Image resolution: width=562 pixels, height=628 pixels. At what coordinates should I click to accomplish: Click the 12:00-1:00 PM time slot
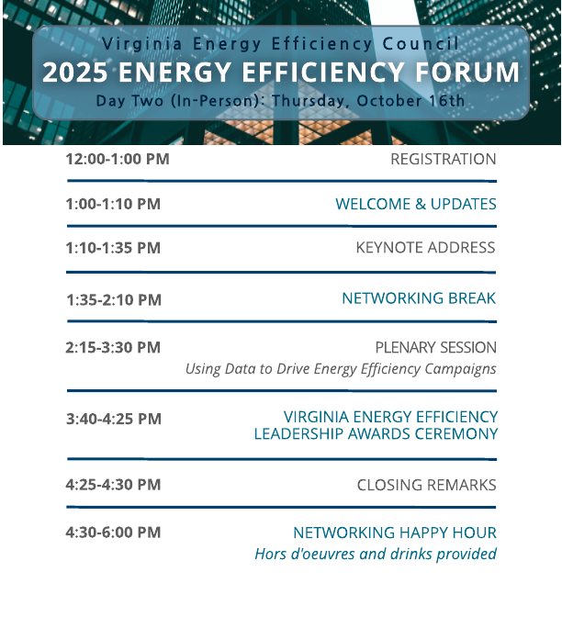click(x=118, y=159)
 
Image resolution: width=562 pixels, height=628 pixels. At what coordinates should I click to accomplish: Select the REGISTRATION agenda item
click(x=443, y=159)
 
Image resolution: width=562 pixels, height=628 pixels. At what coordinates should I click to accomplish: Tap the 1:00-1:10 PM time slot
click(x=113, y=204)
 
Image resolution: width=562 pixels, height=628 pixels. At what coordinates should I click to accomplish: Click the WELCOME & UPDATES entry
click(x=416, y=204)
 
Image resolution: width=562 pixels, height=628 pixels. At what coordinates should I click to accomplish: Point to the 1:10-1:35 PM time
click(x=113, y=248)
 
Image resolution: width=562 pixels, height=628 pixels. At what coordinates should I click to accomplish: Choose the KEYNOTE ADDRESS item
click(x=425, y=248)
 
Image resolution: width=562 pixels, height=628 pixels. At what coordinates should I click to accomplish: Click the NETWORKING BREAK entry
click(x=419, y=298)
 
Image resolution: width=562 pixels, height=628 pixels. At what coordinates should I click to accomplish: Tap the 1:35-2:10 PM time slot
click(x=114, y=299)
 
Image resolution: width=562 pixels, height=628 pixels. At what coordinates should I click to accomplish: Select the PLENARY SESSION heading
click(x=436, y=347)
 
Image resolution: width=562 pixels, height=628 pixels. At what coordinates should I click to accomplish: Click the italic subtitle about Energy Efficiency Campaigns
click(x=341, y=369)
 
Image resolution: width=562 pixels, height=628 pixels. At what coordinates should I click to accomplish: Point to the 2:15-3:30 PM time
click(x=113, y=347)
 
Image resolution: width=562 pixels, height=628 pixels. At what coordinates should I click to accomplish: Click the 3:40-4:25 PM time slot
click(x=114, y=419)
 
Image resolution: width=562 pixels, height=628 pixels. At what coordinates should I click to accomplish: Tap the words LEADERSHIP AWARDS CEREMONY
click(x=376, y=433)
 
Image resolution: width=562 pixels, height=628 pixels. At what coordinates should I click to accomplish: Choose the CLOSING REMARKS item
click(x=427, y=485)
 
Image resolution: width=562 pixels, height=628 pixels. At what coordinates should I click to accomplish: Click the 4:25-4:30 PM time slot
click(x=113, y=485)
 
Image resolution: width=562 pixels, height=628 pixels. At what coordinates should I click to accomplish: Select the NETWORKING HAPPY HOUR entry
click(x=395, y=533)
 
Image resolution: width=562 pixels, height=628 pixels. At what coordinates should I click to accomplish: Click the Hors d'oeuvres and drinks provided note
click(x=376, y=554)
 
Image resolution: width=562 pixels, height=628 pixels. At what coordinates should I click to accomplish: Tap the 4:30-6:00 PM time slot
click(x=113, y=533)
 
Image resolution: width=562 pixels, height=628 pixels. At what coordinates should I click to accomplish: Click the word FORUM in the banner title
click(x=467, y=73)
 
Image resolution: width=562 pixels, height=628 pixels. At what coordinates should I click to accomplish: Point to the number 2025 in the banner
click(x=75, y=73)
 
